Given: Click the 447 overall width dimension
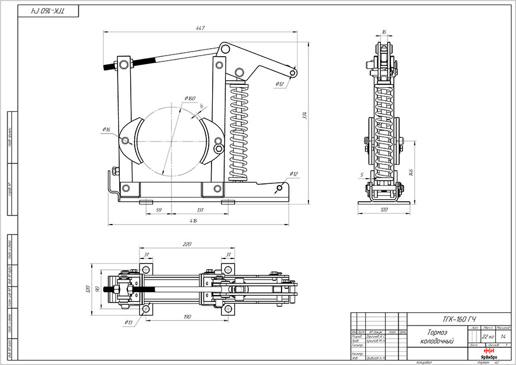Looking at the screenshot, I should tap(200, 28).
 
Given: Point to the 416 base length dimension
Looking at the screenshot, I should tap(193, 220).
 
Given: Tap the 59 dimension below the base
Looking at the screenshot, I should tap(159, 210).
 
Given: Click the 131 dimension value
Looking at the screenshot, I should tap(200, 210).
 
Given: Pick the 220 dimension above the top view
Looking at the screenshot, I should tap(186, 244).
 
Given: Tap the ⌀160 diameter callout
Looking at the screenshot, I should tap(191, 98).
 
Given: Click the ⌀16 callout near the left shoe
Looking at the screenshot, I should tap(106, 130).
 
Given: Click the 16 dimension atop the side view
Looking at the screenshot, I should tap(384, 32).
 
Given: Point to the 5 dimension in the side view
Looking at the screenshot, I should tap(361, 174).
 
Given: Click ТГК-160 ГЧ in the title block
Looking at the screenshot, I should tap(459, 319).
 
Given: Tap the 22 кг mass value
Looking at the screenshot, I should tap(488, 336).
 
